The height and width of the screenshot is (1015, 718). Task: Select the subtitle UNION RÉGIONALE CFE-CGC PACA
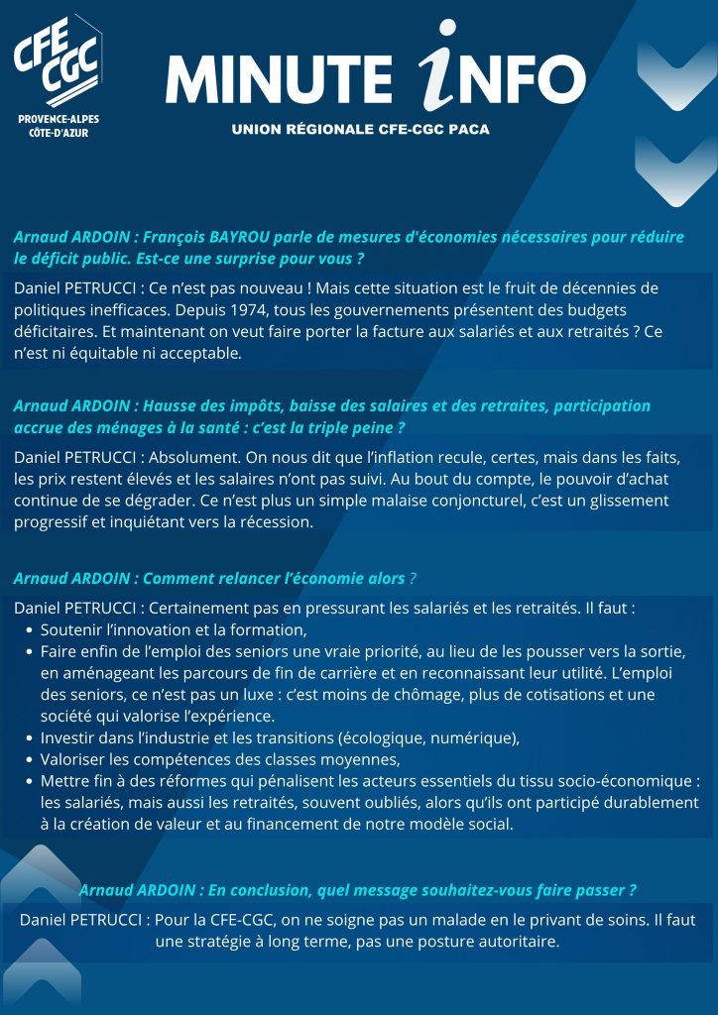pyautogui.click(x=360, y=130)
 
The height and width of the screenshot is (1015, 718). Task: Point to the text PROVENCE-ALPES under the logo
pyautogui.click(x=59, y=119)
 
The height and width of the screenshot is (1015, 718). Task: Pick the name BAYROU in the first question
pyautogui.click(x=242, y=238)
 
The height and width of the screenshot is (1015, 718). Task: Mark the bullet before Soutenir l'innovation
pyautogui.click(x=28, y=629)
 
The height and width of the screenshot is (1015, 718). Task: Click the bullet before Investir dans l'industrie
pyautogui.click(x=28, y=738)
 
